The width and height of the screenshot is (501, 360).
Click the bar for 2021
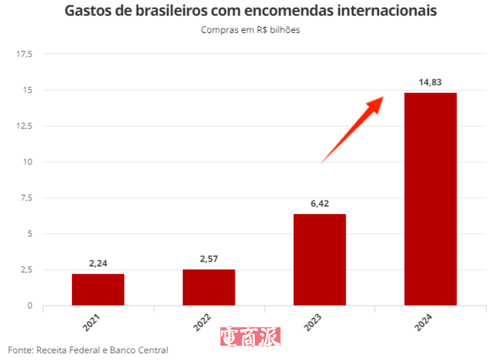click(98, 290)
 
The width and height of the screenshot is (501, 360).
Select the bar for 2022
click(209, 287)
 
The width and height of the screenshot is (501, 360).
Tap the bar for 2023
click(319, 260)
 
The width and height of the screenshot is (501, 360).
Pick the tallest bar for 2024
click(430, 199)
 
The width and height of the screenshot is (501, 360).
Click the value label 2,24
click(98, 264)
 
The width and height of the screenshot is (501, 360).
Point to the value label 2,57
click(209, 259)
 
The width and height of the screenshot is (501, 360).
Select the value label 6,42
click(319, 203)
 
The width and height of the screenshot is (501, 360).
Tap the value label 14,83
click(430, 82)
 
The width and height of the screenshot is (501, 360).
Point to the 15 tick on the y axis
click(29, 90)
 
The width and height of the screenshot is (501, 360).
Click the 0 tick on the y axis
click(30, 306)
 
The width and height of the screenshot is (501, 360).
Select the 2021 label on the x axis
click(91, 322)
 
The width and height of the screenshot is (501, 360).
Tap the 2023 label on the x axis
click(313, 322)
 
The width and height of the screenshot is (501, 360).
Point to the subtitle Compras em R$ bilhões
click(250, 30)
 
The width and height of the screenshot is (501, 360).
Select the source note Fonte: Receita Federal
click(88, 350)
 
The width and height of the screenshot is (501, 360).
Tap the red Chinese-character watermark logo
click(250, 337)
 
